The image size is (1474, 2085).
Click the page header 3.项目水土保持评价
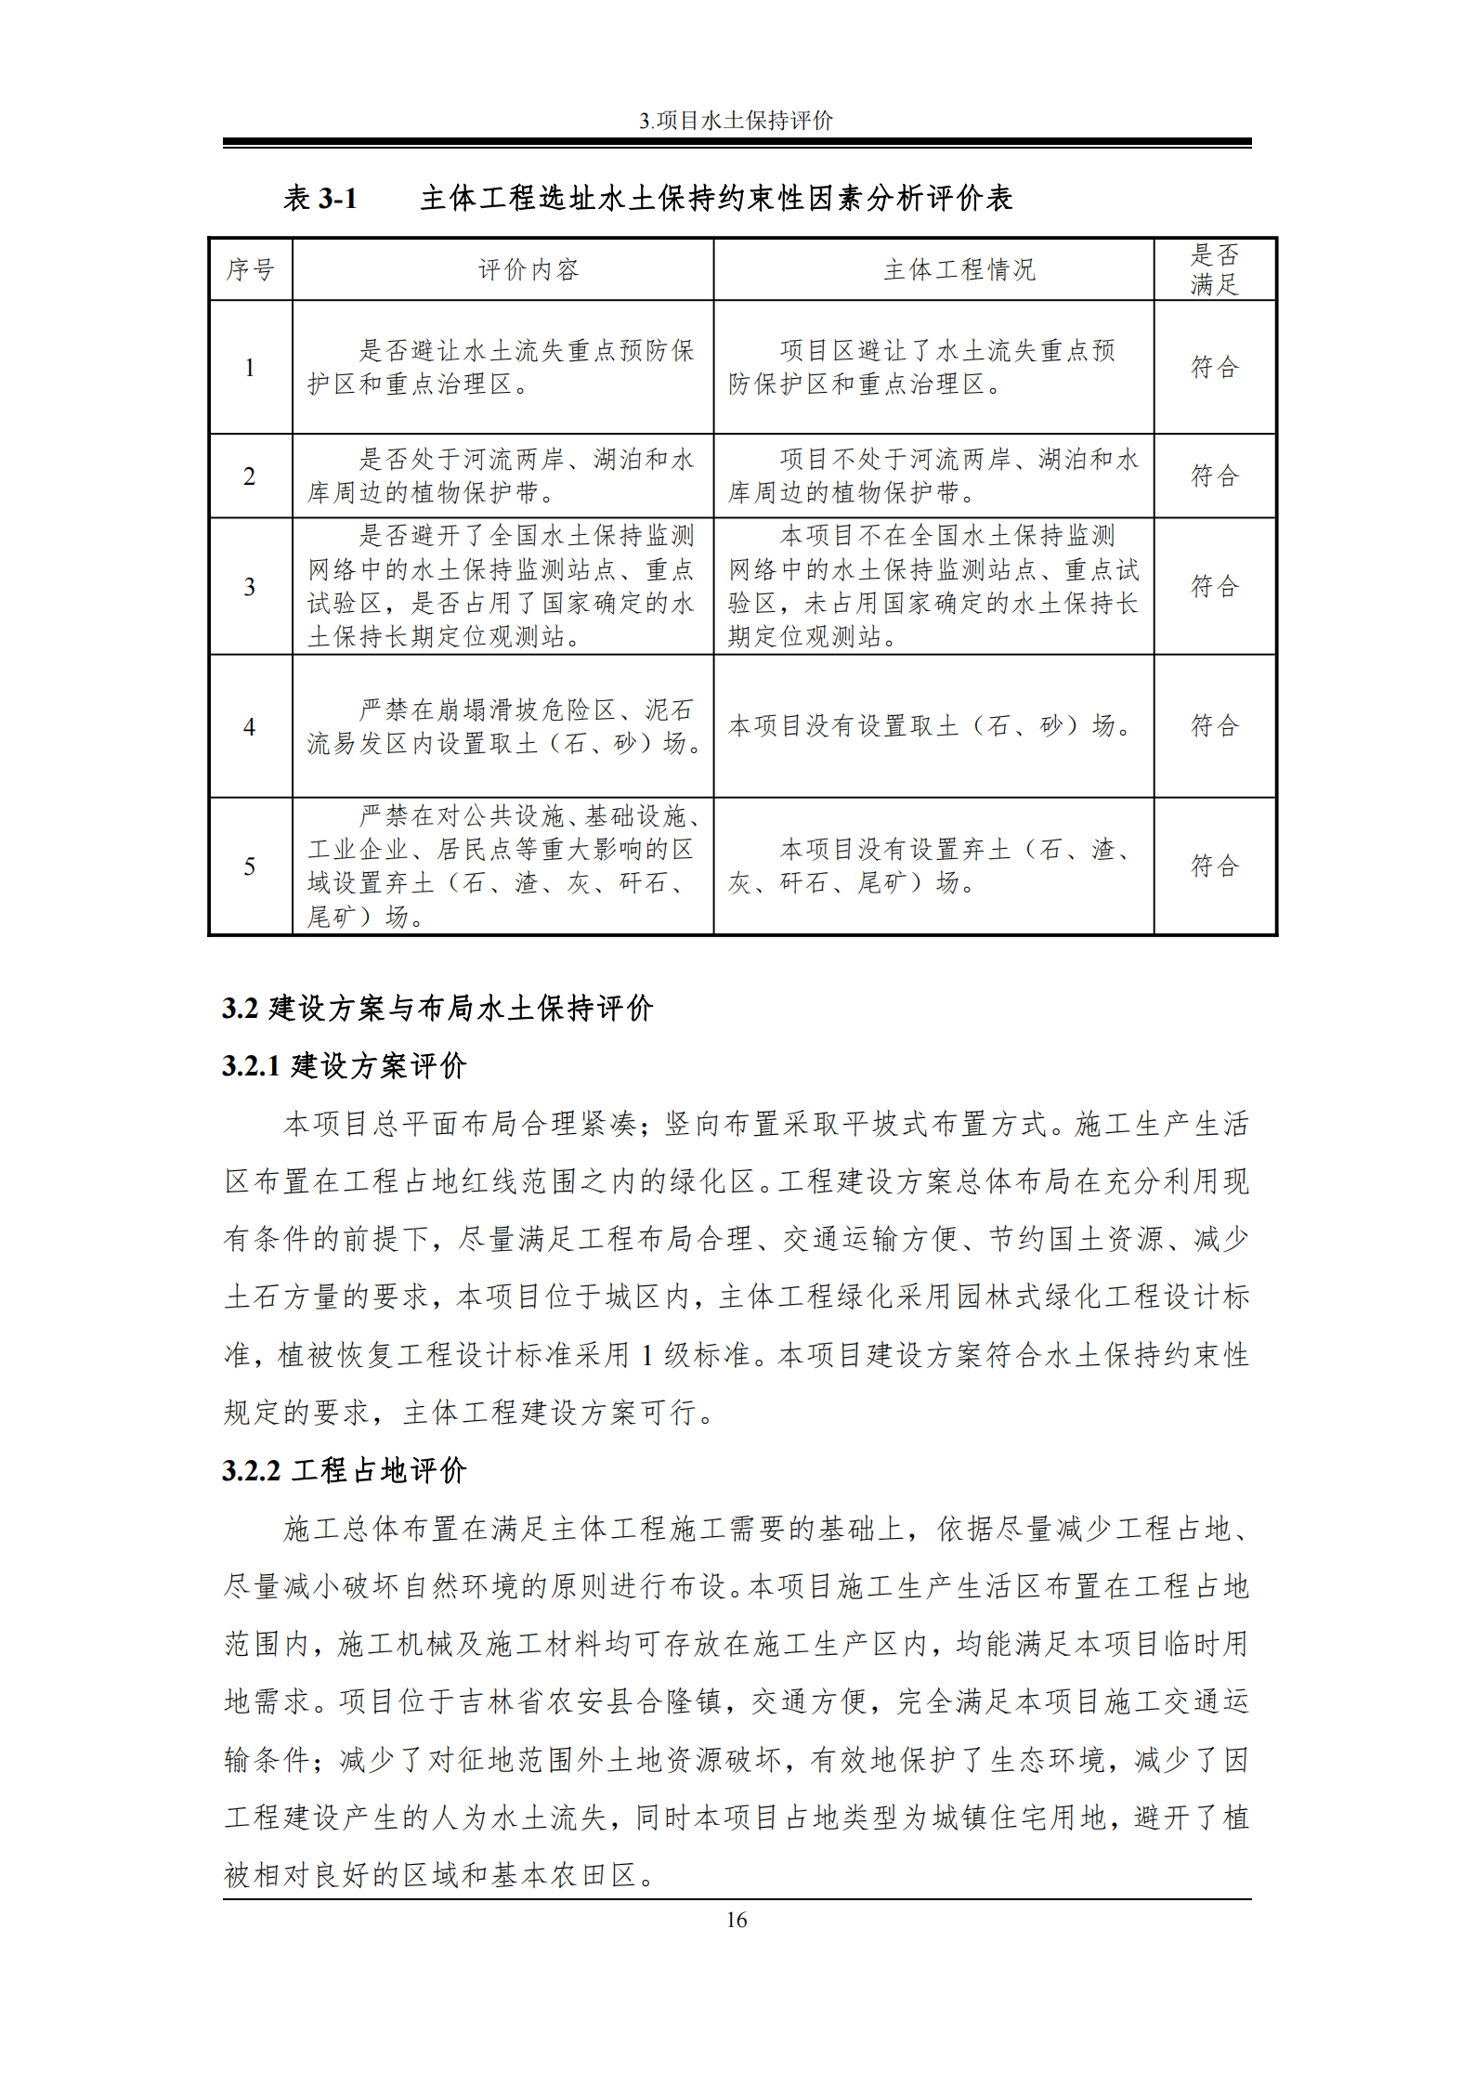coord(736,121)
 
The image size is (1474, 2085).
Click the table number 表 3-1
coord(320,199)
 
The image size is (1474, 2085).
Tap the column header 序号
coord(250,270)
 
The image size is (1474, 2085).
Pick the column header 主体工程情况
coord(959,270)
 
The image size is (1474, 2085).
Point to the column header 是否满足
coord(1214,269)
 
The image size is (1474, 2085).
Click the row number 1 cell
coord(250,368)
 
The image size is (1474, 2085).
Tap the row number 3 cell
coord(250,587)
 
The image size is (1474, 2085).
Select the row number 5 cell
coord(250,867)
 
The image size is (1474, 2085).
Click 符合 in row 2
coord(1214,476)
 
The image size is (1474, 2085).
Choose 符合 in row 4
coord(1214,726)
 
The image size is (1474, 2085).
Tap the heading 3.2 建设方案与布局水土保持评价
coord(437,1009)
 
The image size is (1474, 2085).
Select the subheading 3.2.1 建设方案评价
coord(345,1066)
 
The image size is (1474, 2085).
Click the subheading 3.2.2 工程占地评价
coord(345,1471)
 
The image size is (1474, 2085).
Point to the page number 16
coord(737,1920)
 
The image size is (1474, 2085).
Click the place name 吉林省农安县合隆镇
coord(590,1701)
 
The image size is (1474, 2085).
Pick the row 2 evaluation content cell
coord(502,476)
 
